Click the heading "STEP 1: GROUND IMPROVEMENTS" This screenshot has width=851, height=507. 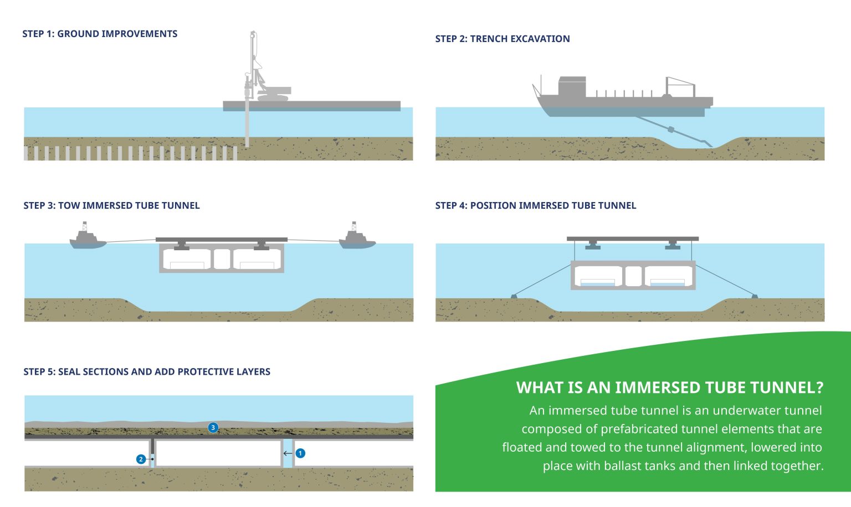100,34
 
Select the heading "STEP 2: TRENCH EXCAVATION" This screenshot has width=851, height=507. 503,39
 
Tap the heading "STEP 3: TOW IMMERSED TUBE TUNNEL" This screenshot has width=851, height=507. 111,205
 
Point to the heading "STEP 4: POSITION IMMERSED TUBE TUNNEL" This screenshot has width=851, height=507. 536,205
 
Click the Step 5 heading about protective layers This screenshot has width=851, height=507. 147,371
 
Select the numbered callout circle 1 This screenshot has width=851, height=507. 300,453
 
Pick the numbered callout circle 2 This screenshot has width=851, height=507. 141,459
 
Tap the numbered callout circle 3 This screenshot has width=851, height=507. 213,427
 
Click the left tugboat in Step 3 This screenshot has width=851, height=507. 87,239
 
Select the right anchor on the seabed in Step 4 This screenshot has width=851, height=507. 754,296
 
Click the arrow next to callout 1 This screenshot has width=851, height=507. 288,453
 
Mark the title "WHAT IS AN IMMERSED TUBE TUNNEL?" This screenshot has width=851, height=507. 669,387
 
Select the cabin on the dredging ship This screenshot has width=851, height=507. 572,86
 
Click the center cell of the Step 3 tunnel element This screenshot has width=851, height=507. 222,258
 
